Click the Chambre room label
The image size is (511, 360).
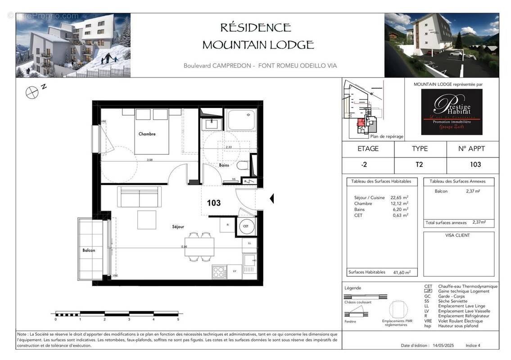147,134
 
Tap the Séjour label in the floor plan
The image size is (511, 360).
178,226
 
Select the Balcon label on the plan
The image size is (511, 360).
89,250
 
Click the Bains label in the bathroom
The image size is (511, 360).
224,165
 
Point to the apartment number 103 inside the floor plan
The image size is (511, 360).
214,203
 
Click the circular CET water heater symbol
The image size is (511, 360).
246,226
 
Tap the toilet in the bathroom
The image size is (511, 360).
243,166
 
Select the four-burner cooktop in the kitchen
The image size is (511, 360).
219,272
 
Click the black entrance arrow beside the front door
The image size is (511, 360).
271,198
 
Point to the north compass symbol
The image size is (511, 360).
32,92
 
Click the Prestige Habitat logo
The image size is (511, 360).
452,112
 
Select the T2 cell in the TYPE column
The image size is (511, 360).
419,165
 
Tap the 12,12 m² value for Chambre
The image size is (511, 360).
399,203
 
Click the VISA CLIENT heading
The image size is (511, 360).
458,235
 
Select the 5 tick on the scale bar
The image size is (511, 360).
178,319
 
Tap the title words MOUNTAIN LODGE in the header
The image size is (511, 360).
258,45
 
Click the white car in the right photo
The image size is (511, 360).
456,54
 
